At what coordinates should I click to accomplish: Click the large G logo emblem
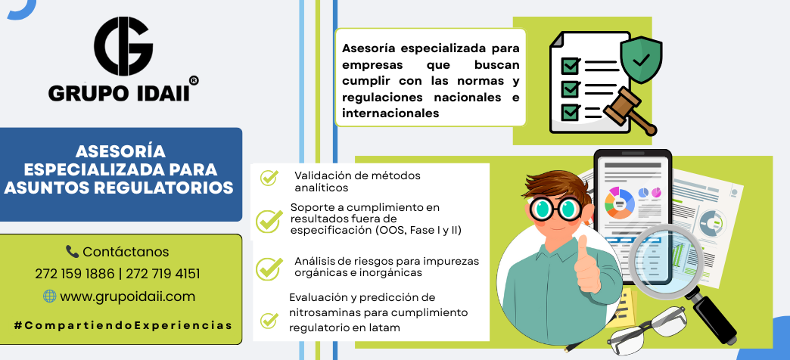pos(123,46)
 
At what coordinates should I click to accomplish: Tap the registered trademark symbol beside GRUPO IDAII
pos(193,81)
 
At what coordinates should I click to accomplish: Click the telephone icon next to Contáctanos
pos(72,251)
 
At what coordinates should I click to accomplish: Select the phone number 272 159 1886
pos(75,274)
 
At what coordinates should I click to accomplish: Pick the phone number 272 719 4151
pos(163,274)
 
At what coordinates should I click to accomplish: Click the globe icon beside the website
pos(49,296)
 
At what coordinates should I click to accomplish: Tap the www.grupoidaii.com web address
pos(127,297)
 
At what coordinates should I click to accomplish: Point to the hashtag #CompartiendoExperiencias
pos(123,325)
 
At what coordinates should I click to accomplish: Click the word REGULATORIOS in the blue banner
pos(163,188)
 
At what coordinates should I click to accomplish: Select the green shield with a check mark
pos(641,60)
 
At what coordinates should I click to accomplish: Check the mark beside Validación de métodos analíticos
pos(269,177)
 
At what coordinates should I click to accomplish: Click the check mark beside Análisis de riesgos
pos(269,268)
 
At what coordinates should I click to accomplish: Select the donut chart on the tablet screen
pos(619,203)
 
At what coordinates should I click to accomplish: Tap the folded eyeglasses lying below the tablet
pos(647,331)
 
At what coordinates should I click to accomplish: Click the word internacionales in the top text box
pos(390,113)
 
